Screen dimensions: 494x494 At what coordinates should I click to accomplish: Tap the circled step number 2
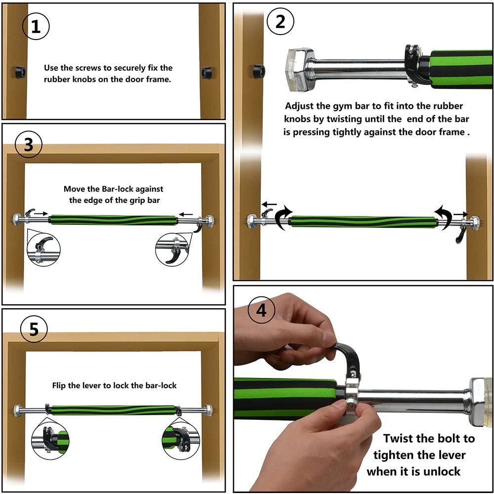click(x=280, y=22)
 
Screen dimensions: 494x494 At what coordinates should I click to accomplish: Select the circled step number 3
click(x=29, y=145)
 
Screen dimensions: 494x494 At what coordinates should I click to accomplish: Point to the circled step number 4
click(x=261, y=311)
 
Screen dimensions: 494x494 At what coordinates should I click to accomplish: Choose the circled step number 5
click(x=34, y=329)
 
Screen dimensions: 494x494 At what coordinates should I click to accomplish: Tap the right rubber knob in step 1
click(x=206, y=73)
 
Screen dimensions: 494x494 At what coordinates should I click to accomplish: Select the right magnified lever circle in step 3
click(x=172, y=250)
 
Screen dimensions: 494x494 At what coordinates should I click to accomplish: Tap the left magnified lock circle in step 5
click(x=50, y=438)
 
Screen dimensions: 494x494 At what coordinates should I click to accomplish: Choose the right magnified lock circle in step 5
click(x=181, y=438)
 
